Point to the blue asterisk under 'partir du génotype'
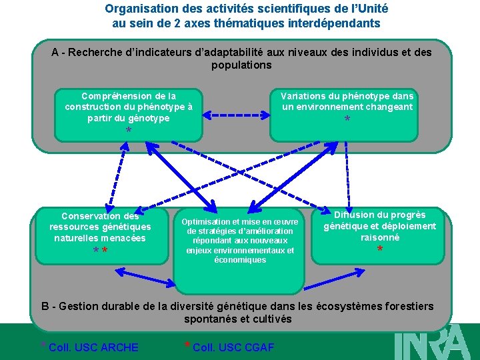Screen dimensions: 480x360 tap(129, 131)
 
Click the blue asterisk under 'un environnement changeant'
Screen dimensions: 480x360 tap(347, 120)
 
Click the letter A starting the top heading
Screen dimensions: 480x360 tap(55, 52)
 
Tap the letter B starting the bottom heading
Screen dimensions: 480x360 tap(45, 306)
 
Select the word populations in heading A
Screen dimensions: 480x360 tap(241, 65)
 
